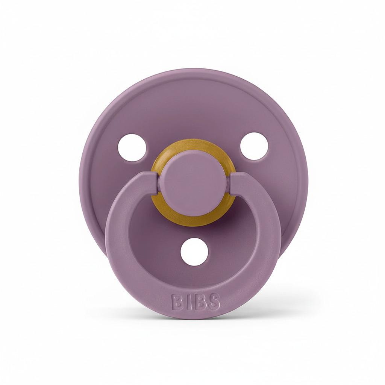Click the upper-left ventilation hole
click(x=132, y=147)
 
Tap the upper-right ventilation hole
click(x=254, y=146)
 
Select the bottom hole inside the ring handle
click(x=194, y=252)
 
